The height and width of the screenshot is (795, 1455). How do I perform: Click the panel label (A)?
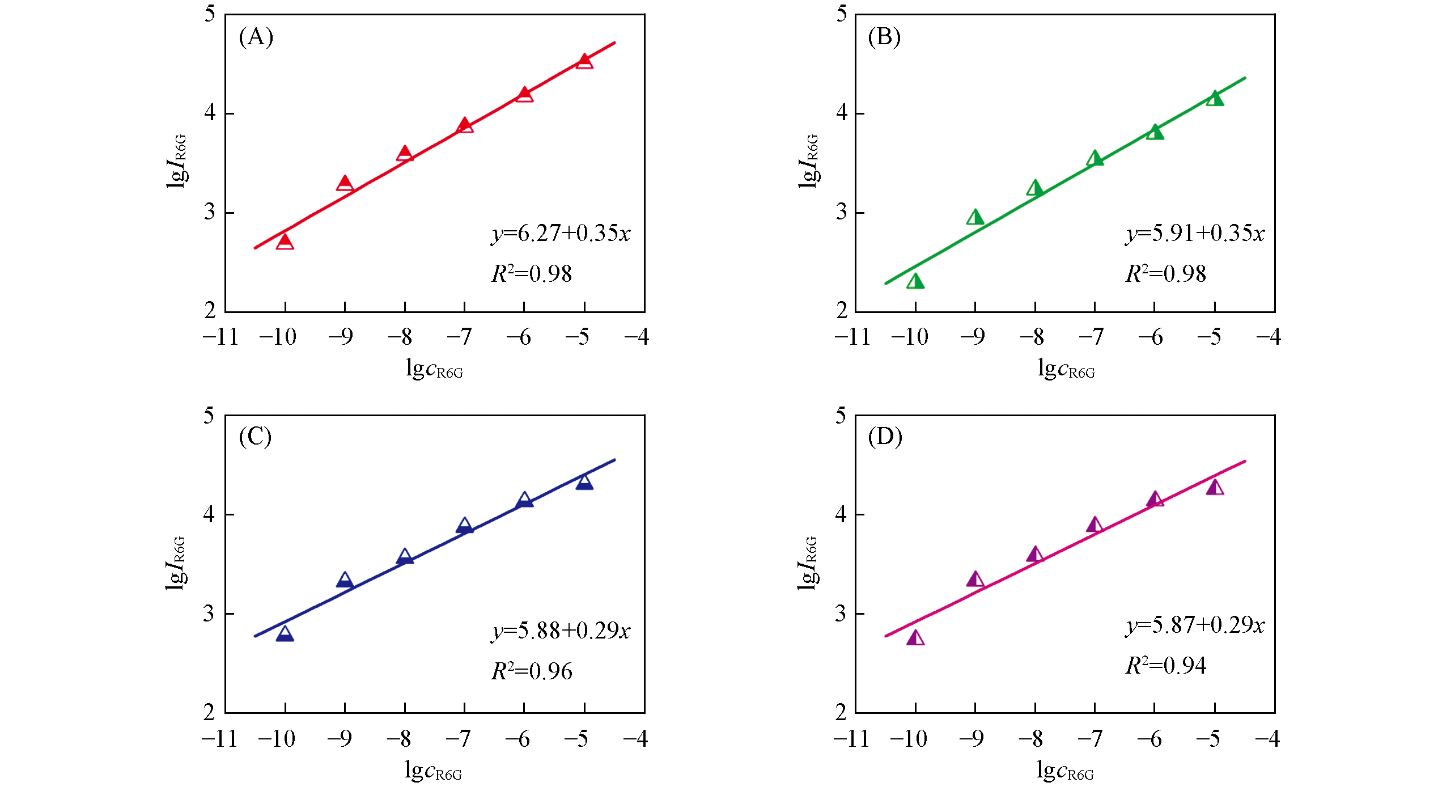pyautogui.click(x=256, y=37)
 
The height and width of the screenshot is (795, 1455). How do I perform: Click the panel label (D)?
pyautogui.click(x=885, y=437)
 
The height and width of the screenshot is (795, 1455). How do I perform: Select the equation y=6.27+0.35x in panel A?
pyautogui.click(x=561, y=234)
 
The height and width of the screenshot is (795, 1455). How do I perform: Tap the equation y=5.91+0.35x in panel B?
pyautogui.click(x=1195, y=234)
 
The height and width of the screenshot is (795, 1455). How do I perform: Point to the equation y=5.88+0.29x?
pyautogui.click(x=561, y=631)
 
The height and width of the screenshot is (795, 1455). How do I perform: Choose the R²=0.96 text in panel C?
pyautogui.click(x=531, y=671)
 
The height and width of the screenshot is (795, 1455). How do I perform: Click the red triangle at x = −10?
pyautogui.click(x=285, y=242)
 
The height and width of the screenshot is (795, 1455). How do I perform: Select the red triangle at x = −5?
pyautogui.click(x=584, y=61)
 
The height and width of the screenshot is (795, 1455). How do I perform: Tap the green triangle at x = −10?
pyautogui.click(x=915, y=281)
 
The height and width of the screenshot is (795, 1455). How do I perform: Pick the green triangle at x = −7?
pyautogui.click(x=1095, y=158)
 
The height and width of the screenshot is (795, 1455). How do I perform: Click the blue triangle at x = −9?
pyautogui.click(x=345, y=580)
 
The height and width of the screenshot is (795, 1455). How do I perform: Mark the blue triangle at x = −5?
pyautogui.click(x=584, y=483)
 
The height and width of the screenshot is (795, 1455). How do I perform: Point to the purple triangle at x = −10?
pyautogui.click(x=915, y=638)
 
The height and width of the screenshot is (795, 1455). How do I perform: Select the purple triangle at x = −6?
pyautogui.click(x=1155, y=499)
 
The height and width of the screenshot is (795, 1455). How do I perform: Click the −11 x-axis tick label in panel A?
pyautogui.click(x=220, y=337)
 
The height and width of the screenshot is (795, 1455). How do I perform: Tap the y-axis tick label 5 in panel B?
pyautogui.click(x=842, y=14)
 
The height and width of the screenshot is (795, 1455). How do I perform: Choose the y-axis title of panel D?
pyautogui.click(x=807, y=563)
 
